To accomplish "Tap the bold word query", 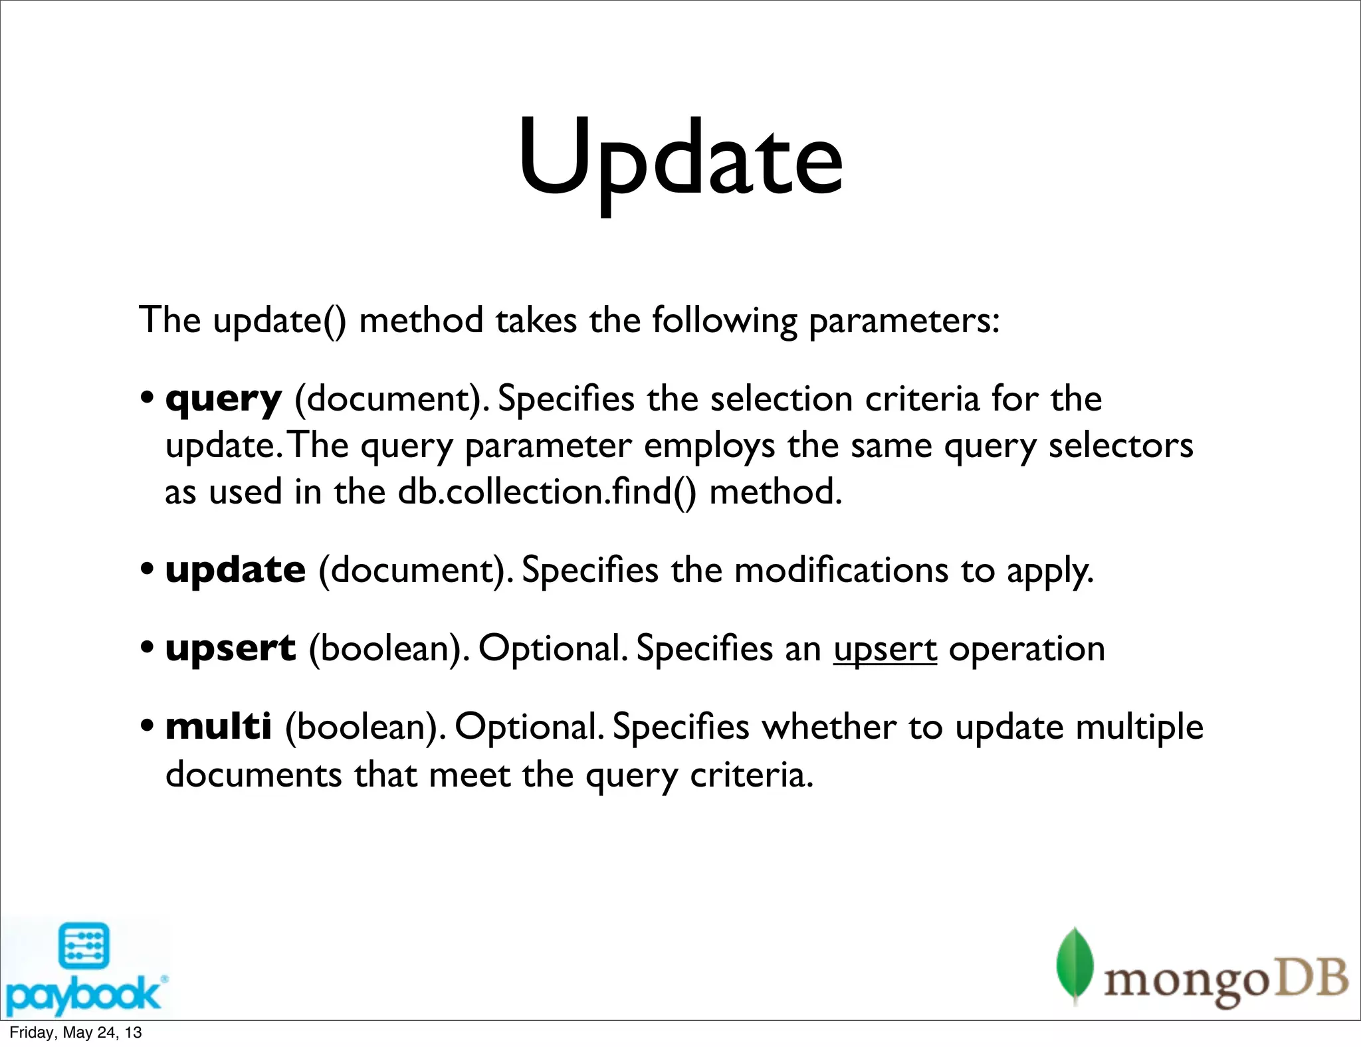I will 223,400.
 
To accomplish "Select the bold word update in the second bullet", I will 235,570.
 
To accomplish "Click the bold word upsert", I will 230,648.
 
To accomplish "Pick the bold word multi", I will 218,726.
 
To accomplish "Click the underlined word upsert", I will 885,649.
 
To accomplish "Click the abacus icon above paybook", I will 84,945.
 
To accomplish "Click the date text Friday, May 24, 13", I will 76,1032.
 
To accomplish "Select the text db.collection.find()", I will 547,493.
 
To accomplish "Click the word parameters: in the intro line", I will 904,321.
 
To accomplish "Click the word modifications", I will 841,571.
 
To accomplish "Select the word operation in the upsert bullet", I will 1027,650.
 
